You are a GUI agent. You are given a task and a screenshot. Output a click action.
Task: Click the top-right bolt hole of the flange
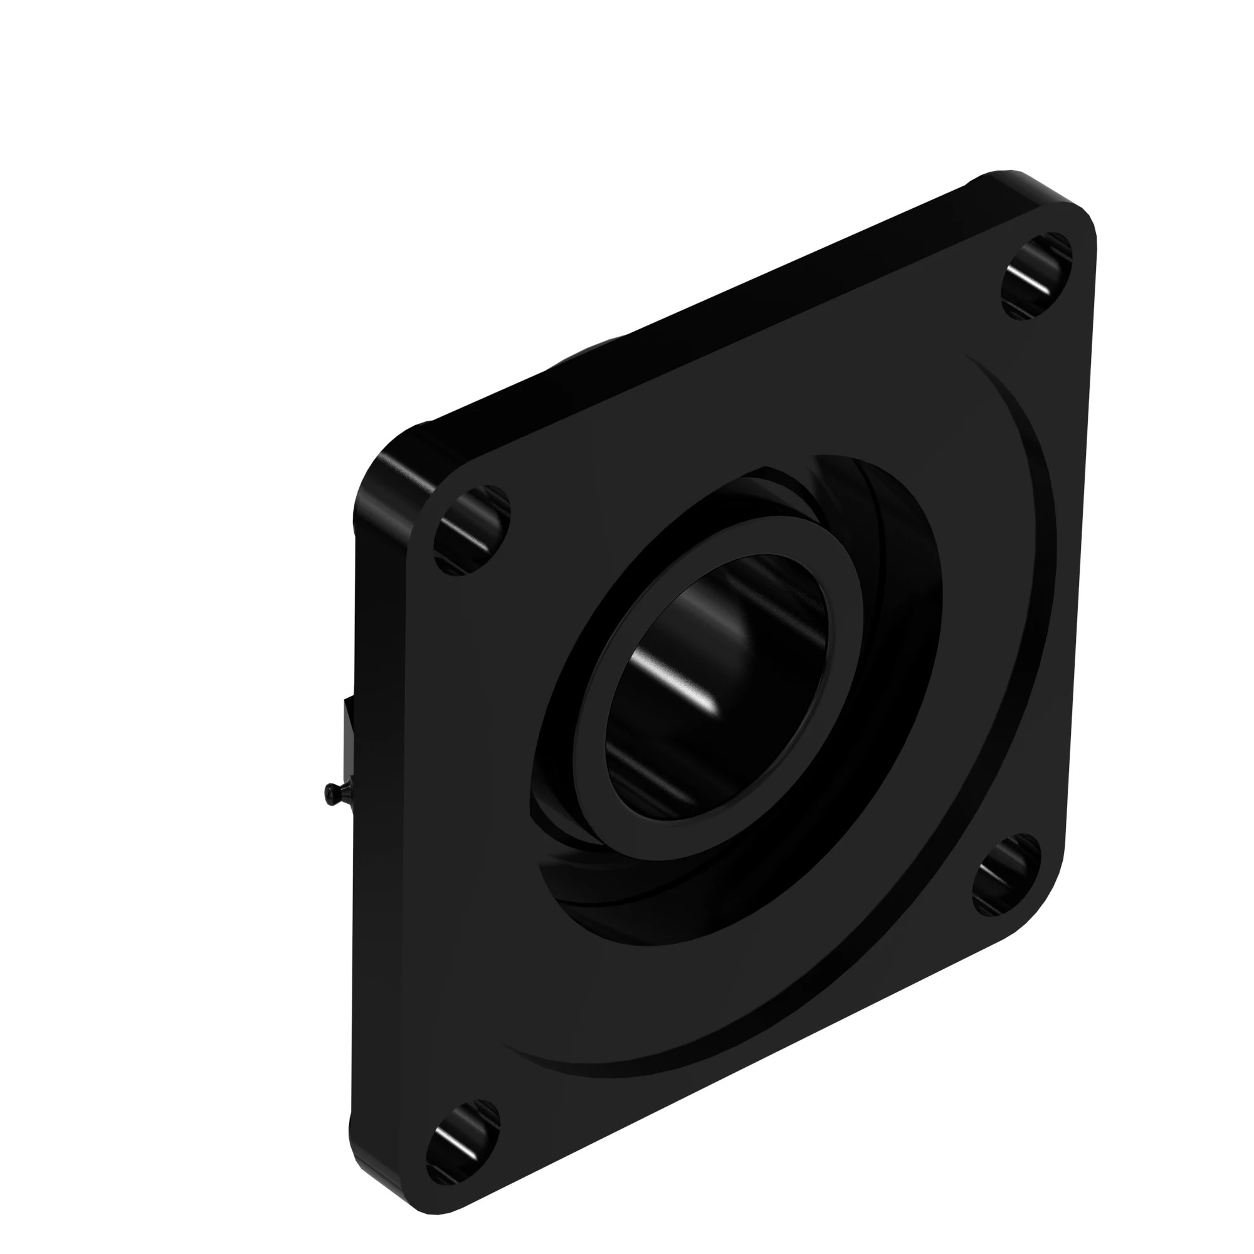(x=1036, y=276)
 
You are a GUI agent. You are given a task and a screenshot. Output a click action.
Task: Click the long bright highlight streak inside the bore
(x=675, y=682)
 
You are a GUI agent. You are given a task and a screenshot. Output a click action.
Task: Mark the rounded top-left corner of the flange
(x=389, y=455)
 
